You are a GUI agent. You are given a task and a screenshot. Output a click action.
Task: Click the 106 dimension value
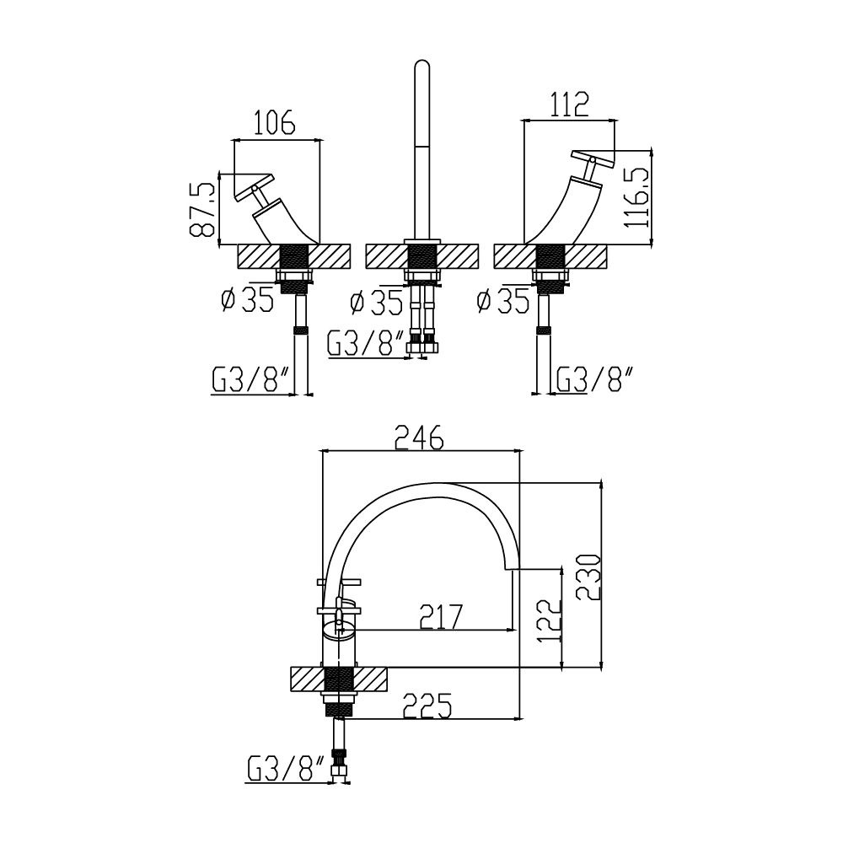coord(274,122)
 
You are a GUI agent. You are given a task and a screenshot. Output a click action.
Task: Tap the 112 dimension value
coord(569,105)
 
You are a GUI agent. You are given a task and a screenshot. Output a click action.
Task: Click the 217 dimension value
coord(441,617)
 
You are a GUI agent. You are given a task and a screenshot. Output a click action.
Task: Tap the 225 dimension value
coord(427,706)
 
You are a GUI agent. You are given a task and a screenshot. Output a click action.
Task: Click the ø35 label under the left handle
coord(247,300)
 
